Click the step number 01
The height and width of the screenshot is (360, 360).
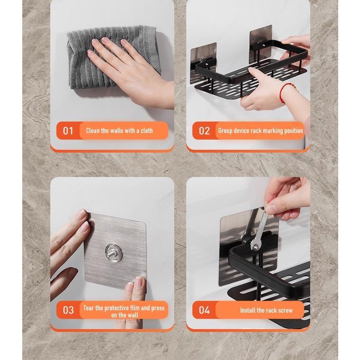[x=68, y=131]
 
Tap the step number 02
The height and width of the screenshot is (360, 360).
[x=204, y=131]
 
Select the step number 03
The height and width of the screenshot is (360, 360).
[x=68, y=310]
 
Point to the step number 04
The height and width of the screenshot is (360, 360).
[x=204, y=310]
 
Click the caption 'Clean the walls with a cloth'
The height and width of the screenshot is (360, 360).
[x=119, y=131]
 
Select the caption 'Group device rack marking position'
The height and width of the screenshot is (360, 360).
[x=260, y=131]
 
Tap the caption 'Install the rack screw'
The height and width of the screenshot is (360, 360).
[x=266, y=310]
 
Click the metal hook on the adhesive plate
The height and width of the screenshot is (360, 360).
[x=114, y=252]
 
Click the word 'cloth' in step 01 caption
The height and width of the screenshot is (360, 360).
[x=146, y=131]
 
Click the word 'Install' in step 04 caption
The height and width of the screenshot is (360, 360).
[x=248, y=310]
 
